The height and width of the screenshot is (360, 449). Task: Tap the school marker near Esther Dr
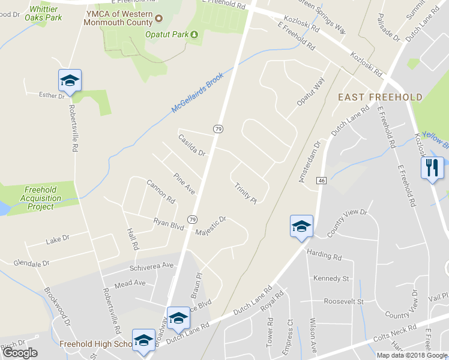70,81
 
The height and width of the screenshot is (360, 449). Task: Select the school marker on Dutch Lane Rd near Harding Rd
301,227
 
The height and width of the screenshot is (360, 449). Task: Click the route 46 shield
322,181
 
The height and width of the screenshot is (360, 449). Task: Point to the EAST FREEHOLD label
380,97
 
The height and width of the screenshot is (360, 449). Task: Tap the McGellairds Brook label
197,94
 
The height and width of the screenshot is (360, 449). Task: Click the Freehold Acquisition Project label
41,198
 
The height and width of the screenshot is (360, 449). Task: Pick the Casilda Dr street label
192,146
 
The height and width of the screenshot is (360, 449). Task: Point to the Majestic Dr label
211,226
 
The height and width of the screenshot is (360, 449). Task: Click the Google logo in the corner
20,352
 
